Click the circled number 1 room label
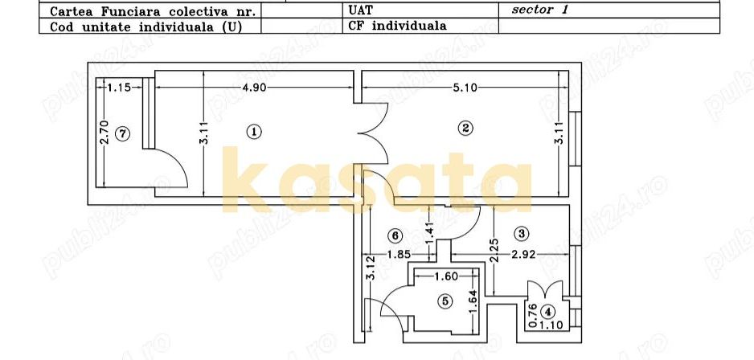(x=253, y=131)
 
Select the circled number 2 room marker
(x=465, y=127)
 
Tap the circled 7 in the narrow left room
(x=121, y=134)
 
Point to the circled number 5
(x=445, y=301)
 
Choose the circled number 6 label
(x=393, y=235)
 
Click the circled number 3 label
(x=522, y=234)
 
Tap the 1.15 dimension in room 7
(x=119, y=87)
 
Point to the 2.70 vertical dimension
(x=104, y=132)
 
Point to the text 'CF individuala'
(x=397, y=26)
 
